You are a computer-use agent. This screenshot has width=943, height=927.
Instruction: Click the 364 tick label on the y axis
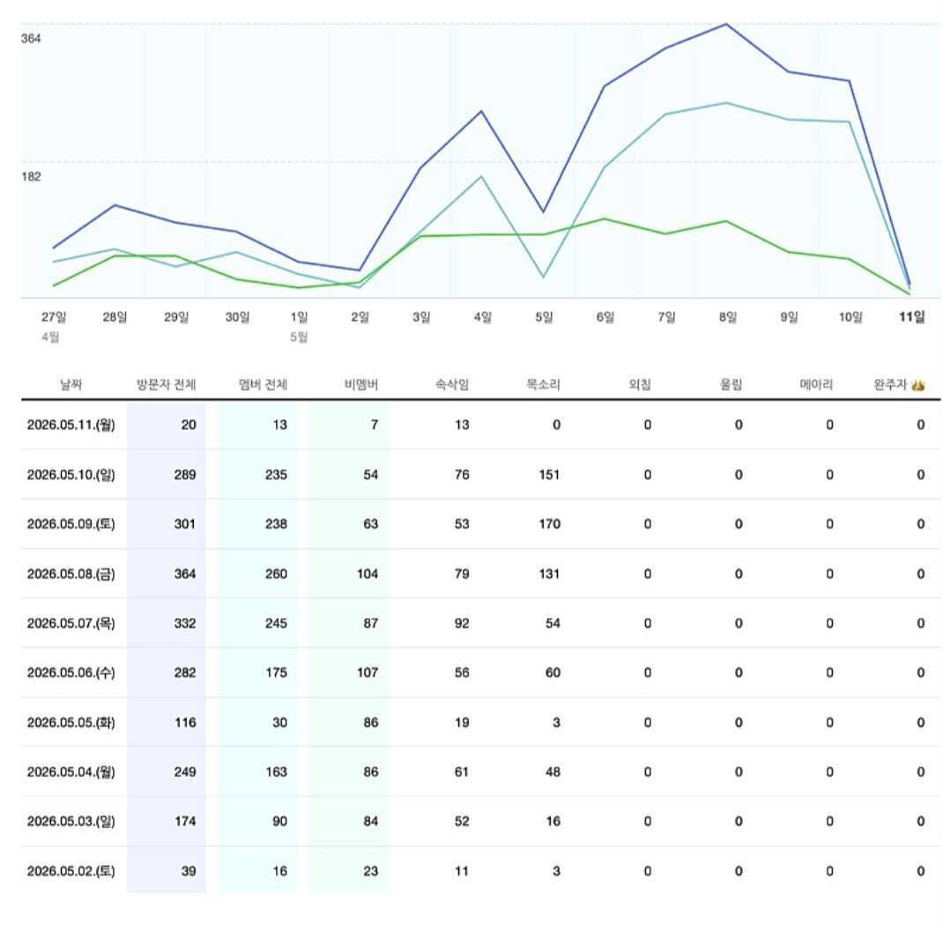[x=31, y=39]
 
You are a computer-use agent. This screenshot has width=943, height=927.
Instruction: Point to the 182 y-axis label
[x=31, y=176]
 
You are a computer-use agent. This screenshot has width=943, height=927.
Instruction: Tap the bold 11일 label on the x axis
[x=912, y=317]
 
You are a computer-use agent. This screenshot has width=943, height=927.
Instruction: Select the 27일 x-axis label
[x=54, y=317]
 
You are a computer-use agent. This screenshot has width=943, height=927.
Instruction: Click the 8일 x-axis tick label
[x=727, y=317]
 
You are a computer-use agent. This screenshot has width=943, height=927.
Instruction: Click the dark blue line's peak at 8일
[x=726, y=25]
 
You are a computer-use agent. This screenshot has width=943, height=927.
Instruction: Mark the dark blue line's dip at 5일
[x=543, y=211]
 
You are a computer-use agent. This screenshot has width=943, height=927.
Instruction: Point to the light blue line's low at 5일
[x=543, y=278]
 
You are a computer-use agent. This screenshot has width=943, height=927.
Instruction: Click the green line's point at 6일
[x=605, y=219]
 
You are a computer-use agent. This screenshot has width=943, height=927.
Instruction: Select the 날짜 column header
[x=71, y=384]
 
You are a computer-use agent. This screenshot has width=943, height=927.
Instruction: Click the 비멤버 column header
[x=360, y=384]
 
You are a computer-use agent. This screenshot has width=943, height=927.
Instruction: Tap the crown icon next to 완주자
[x=917, y=385]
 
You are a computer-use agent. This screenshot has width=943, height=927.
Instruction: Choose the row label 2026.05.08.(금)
[x=71, y=575]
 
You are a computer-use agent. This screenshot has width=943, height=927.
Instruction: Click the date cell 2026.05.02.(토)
[x=71, y=871]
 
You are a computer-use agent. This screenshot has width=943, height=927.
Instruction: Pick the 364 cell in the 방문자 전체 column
[x=185, y=575]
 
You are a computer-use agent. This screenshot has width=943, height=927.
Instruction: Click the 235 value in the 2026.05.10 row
[x=276, y=475]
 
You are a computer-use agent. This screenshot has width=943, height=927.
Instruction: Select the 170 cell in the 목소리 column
[x=550, y=524]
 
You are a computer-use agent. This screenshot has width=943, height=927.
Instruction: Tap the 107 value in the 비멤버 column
[x=368, y=672]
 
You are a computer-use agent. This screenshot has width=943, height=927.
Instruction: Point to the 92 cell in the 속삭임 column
[x=462, y=623]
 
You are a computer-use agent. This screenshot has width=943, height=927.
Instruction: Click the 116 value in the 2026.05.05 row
[x=185, y=723]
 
